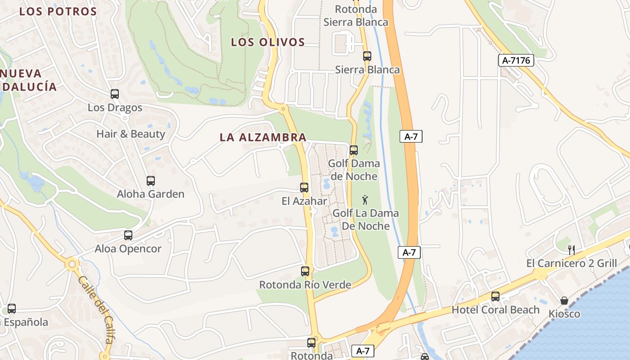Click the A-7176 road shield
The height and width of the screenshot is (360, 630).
point(516,60)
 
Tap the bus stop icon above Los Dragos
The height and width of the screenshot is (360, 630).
point(115,94)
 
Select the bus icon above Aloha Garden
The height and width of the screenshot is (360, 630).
point(151,181)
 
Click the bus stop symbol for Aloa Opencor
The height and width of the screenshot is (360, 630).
point(128,235)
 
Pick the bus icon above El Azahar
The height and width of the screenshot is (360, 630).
point(304,188)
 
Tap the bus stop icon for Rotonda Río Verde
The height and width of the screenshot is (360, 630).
point(305,271)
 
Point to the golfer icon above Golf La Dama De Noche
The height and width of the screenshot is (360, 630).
point(365,200)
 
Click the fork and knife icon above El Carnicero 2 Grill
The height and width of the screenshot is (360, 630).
point(571,250)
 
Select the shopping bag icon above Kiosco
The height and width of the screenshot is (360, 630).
point(564,301)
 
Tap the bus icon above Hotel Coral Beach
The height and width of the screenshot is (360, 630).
point(495,297)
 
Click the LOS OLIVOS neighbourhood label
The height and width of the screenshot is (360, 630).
point(268,42)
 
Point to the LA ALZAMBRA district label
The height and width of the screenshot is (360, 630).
point(263,138)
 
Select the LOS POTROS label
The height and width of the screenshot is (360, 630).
point(58,12)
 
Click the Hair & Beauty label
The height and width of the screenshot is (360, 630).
point(131,134)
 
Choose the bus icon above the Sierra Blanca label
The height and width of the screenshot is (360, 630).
point(367,56)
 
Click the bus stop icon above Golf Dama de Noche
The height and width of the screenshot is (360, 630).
point(354,150)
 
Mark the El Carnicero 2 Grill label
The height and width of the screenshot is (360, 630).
point(571,263)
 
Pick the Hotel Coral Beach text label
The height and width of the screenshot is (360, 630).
point(495,310)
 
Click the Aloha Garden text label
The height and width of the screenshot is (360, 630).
point(151,194)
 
